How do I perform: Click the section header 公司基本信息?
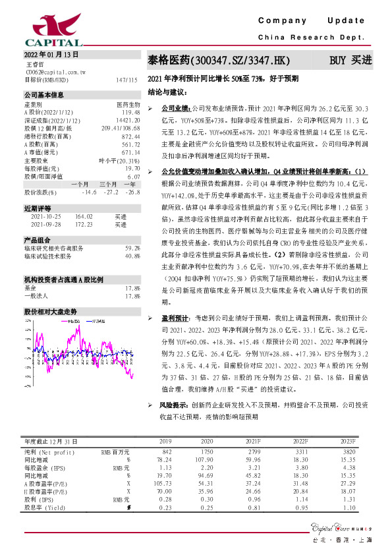coord(44,96)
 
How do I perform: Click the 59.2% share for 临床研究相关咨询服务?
coord(132,248)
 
